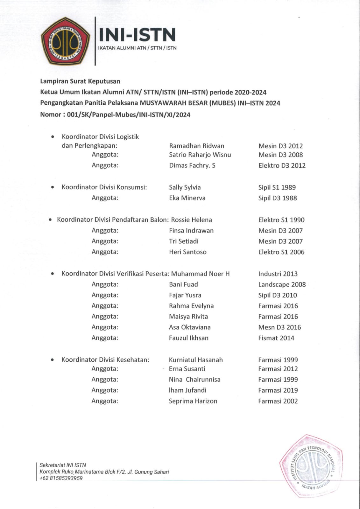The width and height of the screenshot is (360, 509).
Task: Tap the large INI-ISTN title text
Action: point(137,35)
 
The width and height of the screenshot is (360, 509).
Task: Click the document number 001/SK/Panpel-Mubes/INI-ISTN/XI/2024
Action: point(129,115)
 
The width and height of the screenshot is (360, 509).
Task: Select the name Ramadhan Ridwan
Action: point(196,146)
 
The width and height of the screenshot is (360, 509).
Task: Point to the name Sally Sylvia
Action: point(185,187)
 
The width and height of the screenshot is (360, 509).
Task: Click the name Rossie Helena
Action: point(191,220)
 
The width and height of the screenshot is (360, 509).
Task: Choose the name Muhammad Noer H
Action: point(200,274)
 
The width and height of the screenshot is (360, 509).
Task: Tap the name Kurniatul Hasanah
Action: point(196,360)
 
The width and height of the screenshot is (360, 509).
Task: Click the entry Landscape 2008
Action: point(282,284)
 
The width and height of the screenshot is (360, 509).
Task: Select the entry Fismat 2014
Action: point(276,338)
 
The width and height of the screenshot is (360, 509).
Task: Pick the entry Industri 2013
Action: point(278,274)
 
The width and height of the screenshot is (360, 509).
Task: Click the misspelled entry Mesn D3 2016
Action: point(279,327)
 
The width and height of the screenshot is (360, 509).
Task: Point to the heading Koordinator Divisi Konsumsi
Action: point(104,187)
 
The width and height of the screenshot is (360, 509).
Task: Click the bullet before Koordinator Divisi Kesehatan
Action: point(53,360)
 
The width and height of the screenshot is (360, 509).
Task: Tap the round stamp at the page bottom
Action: point(311,466)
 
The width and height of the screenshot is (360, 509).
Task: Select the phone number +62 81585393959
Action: point(61,478)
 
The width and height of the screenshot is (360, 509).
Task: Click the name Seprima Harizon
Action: point(193,401)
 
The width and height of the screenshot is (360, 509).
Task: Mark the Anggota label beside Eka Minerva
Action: point(105,198)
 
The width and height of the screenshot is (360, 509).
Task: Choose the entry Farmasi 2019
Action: point(278,390)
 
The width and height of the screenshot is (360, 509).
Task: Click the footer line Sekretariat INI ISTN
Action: point(63,465)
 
